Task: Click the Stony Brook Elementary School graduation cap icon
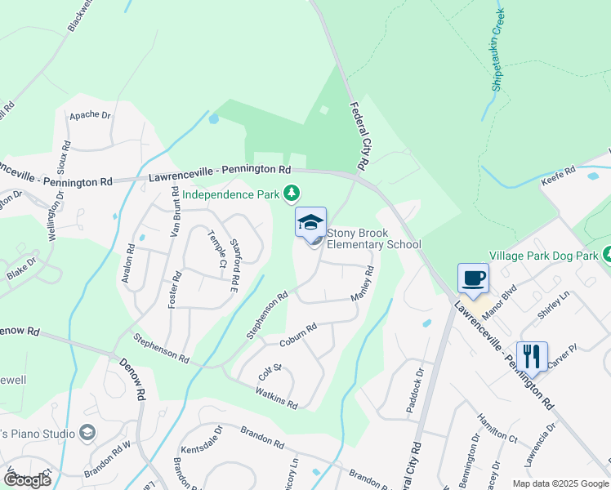click(x=310, y=223)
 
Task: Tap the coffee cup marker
click(x=474, y=278)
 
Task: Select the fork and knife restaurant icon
click(x=531, y=356)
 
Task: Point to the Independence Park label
click(x=232, y=194)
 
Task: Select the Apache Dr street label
click(x=90, y=115)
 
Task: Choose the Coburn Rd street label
click(x=297, y=336)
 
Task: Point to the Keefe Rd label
click(x=559, y=174)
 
